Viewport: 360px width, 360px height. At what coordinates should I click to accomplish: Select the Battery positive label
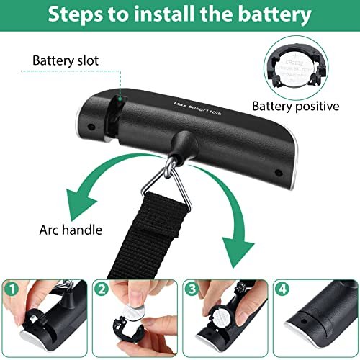[x=295, y=106]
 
